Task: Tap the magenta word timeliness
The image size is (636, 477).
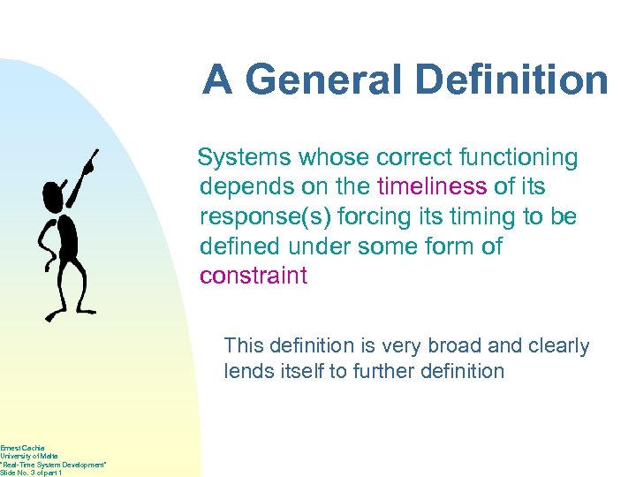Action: (431, 187)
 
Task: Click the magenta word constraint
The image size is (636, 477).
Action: (254, 276)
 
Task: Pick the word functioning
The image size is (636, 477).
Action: (516, 158)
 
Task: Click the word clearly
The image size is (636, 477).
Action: (558, 345)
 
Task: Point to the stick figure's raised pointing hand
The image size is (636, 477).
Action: (90, 162)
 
